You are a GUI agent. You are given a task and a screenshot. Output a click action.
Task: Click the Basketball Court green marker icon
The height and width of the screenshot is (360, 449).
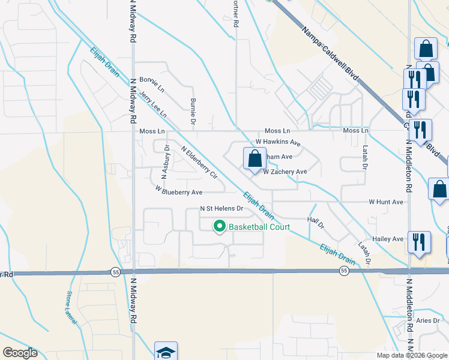pyautogui.click(x=220, y=226)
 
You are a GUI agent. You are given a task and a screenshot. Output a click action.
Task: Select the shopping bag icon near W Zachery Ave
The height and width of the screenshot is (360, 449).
pyautogui.click(x=254, y=159)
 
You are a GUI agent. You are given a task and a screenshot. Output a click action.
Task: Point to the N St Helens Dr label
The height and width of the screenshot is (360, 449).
pyautogui.click(x=221, y=209)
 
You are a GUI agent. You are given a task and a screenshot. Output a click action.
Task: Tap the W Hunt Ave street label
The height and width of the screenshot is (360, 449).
pyautogui.click(x=386, y=202)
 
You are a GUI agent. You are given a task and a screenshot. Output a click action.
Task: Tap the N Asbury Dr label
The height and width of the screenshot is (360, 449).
pyautogui.click(x=166, y=163)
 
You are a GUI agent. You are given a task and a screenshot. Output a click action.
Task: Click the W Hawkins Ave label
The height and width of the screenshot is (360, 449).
pyautogui.click(x=277, y=142)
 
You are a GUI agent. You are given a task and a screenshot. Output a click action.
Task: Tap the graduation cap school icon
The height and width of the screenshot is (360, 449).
pyautogui.click(x=166, y=352)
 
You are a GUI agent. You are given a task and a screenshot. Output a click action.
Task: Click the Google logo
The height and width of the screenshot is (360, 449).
pyautogui.click(x=20, y=353)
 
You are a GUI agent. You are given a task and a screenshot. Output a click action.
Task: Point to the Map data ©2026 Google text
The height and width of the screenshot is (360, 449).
pyautogui.click(x=411, y=355)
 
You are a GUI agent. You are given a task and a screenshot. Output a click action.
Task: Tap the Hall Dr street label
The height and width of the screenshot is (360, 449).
pyautogui.click(x=316, y=223)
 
